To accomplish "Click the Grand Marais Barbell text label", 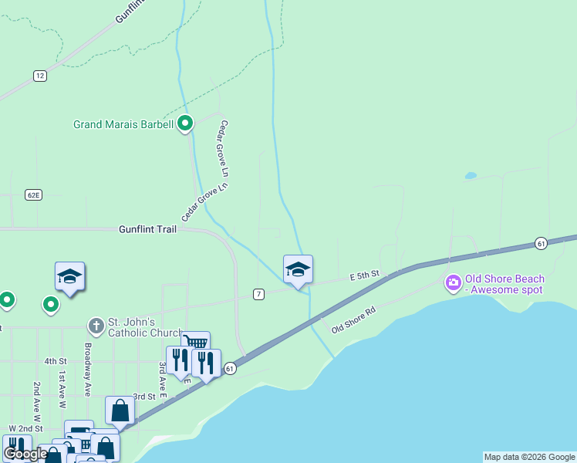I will [123, 123].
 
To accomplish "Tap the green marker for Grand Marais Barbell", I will [185, 123].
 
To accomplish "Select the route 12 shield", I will [40, 75].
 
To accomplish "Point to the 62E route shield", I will [32, 194].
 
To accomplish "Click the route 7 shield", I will [259, 294].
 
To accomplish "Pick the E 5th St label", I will [365, 275].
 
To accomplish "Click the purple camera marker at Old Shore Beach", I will [453, 283].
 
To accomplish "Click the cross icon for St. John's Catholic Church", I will [96, 326].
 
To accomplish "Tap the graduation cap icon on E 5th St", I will [298, 269].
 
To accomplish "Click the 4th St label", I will [56, 361].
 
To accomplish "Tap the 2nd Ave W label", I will [36, 400].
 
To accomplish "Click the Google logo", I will [25, 454].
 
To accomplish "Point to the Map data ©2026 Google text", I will [530, 457].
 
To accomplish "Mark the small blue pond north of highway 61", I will [471, 176].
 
